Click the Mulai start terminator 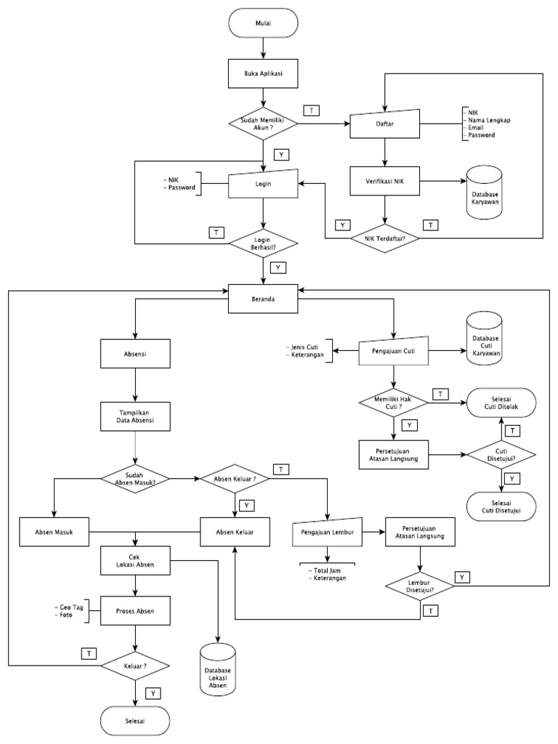[264, 23]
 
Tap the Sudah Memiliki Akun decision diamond [264, 124]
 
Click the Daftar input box [385, 124]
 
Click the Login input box [264, 184]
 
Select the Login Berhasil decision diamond [264, 243]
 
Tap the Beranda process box [264, 298]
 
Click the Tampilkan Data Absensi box [136, 416]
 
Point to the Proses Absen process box [136, 610]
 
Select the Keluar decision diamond [136, 664]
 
